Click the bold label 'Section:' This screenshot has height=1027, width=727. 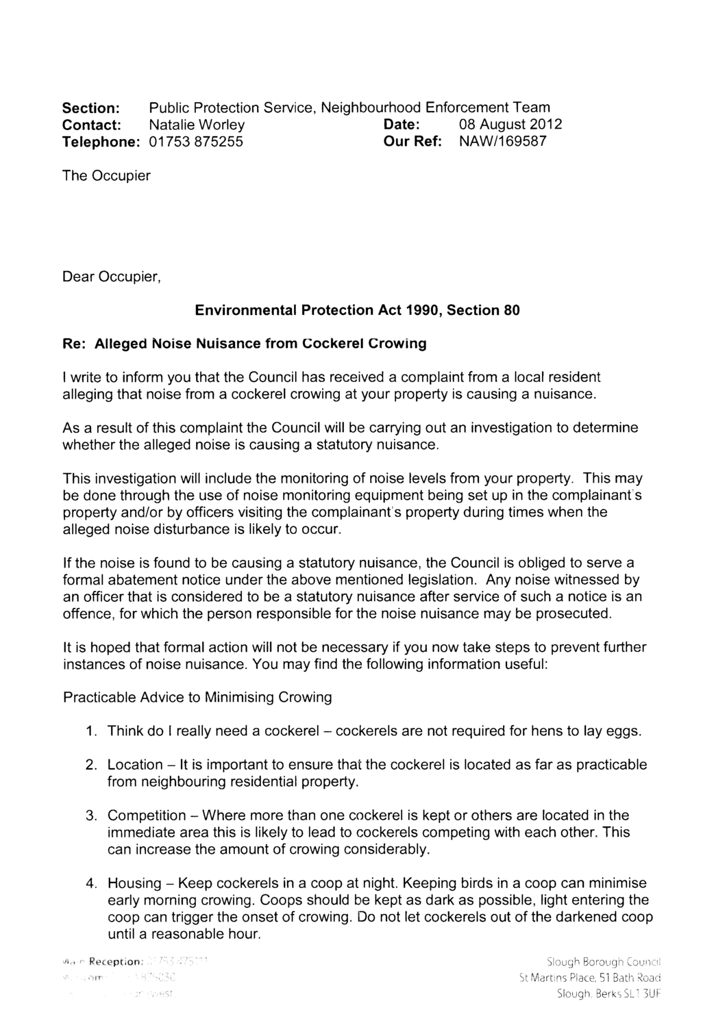[x=92, y=108]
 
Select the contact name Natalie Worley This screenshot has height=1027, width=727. [x=197, y=125]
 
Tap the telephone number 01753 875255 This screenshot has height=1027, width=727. [x=196, y=142]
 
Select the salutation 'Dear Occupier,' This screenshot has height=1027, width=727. [x=111, y=277]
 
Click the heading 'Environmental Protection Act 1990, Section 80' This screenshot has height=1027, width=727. [x=358, y=310]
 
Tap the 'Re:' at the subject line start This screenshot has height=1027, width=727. [x=74, y=344]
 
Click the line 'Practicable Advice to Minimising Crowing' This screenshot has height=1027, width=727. [x=197, y=697]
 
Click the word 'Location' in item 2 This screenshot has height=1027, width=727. [x=135, y=764]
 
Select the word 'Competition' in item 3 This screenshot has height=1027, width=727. [x=147, y=815]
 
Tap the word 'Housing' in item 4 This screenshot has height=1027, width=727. [x=134, y=883]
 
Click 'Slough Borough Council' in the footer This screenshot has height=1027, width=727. [x=603, y=965]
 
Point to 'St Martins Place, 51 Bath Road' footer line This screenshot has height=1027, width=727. [x=593, y=979]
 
